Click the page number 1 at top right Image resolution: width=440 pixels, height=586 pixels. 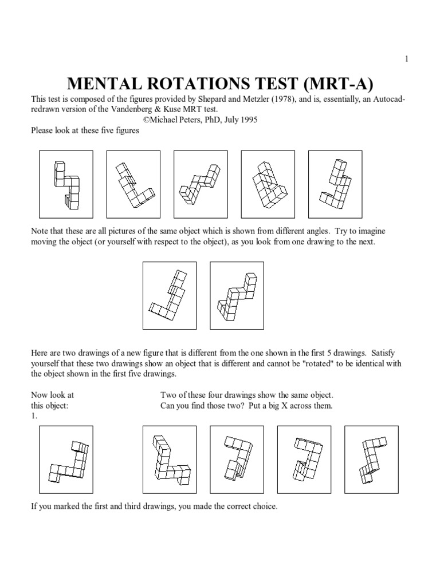point(406,59)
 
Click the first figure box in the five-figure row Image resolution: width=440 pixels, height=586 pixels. point(65,184)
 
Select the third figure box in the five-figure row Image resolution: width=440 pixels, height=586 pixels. point(200,184)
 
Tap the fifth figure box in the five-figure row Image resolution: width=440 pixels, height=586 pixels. point(335,184)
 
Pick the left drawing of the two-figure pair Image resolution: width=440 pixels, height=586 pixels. point(169,295)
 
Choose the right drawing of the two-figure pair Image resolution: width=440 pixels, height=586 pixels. point(237,295)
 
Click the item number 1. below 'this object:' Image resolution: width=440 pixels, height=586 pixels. point(34,416)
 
